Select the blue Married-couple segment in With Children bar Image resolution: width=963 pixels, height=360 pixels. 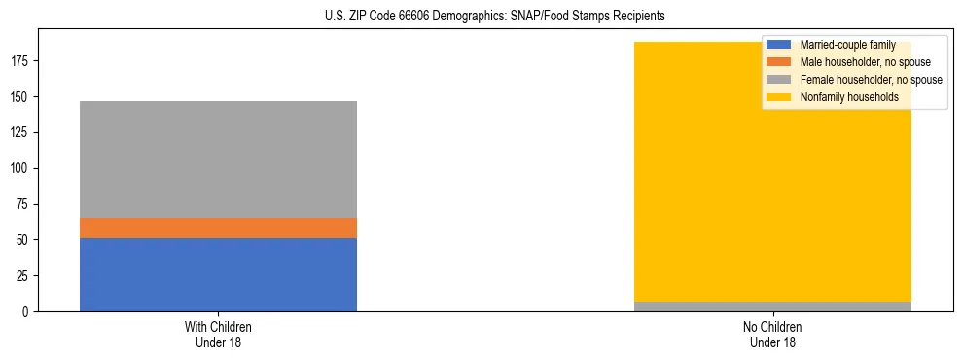point(218,274)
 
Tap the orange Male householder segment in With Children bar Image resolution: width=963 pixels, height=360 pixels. point(218,228)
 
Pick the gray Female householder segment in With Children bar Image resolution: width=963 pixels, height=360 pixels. point(218,160)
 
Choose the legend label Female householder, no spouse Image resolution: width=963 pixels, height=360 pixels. point(871,80)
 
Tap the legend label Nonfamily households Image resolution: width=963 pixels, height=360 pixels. point(848,97)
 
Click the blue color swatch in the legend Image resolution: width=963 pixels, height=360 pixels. point(779,45)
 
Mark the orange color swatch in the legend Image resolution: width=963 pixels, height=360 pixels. point(779,62)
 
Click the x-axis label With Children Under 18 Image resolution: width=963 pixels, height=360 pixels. point(218,335)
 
